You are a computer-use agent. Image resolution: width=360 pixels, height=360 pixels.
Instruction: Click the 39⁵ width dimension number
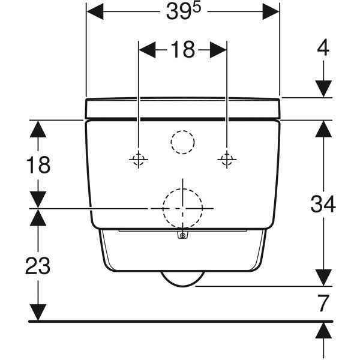(x=184, y=11)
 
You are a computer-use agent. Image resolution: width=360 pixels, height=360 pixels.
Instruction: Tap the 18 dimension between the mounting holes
(x=183, y=50)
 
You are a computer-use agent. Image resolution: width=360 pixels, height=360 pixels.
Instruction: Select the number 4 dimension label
(x=323, y=48)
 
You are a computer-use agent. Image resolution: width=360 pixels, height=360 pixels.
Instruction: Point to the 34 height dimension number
(x=323, y=204)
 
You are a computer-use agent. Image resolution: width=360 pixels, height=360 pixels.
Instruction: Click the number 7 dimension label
(x=323, y=303)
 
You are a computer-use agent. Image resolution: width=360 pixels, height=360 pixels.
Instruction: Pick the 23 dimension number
(x=38, y=266)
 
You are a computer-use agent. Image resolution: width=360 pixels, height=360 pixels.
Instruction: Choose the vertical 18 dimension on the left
(x=38, y=165)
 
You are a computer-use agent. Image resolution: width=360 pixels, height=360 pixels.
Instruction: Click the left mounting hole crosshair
(x=139, y=160)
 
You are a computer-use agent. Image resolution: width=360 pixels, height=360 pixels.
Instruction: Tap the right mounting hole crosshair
(x=227, y=159)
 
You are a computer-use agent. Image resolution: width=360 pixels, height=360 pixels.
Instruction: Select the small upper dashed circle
(x=182, y=142)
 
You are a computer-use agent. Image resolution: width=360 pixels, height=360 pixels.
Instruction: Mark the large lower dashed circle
(x=182, y=208)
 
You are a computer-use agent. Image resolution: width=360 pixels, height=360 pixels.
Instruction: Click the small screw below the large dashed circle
(x=182, y=235)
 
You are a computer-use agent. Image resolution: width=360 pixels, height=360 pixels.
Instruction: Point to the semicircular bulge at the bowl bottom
(x=182, y=279)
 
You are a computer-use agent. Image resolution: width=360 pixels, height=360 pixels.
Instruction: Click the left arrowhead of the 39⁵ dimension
(x=95, y=11)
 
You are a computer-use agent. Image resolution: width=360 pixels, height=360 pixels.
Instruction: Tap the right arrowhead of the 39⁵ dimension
(x=271, y=11)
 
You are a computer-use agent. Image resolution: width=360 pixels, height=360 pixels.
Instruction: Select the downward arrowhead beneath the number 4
(x=323, y=89)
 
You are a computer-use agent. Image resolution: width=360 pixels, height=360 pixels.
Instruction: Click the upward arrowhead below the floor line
(x=323, y=331)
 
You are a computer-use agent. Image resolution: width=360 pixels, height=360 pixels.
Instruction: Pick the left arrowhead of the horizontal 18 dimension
(x=148, y=50)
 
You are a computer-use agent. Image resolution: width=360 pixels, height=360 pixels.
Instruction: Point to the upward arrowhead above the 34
(x=323, y=129)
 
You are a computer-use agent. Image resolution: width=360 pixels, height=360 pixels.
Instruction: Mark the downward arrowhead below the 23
(x=38, y=312)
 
